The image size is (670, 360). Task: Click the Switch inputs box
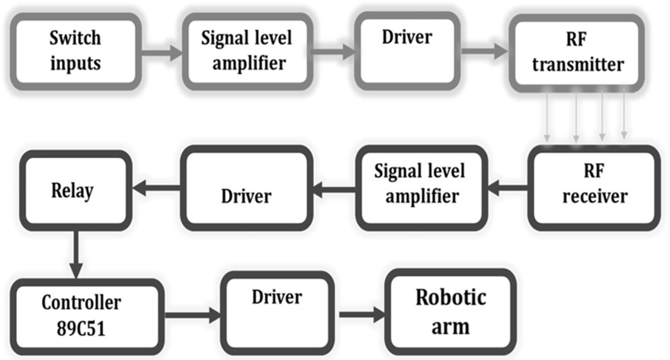point(75,51)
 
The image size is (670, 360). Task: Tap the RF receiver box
point(595,188)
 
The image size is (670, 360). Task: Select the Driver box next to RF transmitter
point(407,52)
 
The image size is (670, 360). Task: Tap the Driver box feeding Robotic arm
point(278,310)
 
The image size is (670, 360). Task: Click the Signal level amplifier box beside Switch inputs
point(247,51)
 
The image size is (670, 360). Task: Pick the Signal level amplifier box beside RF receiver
point(420,188)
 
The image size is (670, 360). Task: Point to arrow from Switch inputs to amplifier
point(160,52)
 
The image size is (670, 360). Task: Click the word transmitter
point(578,65)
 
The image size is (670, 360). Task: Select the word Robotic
point(451,297)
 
